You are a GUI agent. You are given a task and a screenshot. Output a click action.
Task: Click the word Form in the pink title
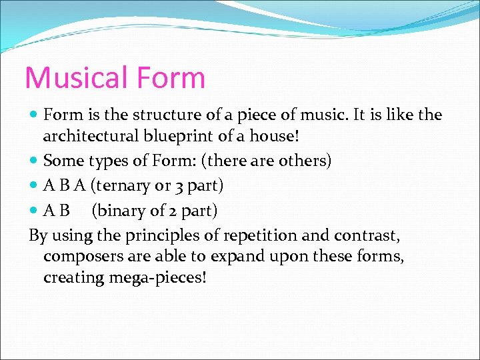(x=172, y=78)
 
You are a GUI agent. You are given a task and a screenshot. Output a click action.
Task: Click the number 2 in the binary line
(x=171, y=211)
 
